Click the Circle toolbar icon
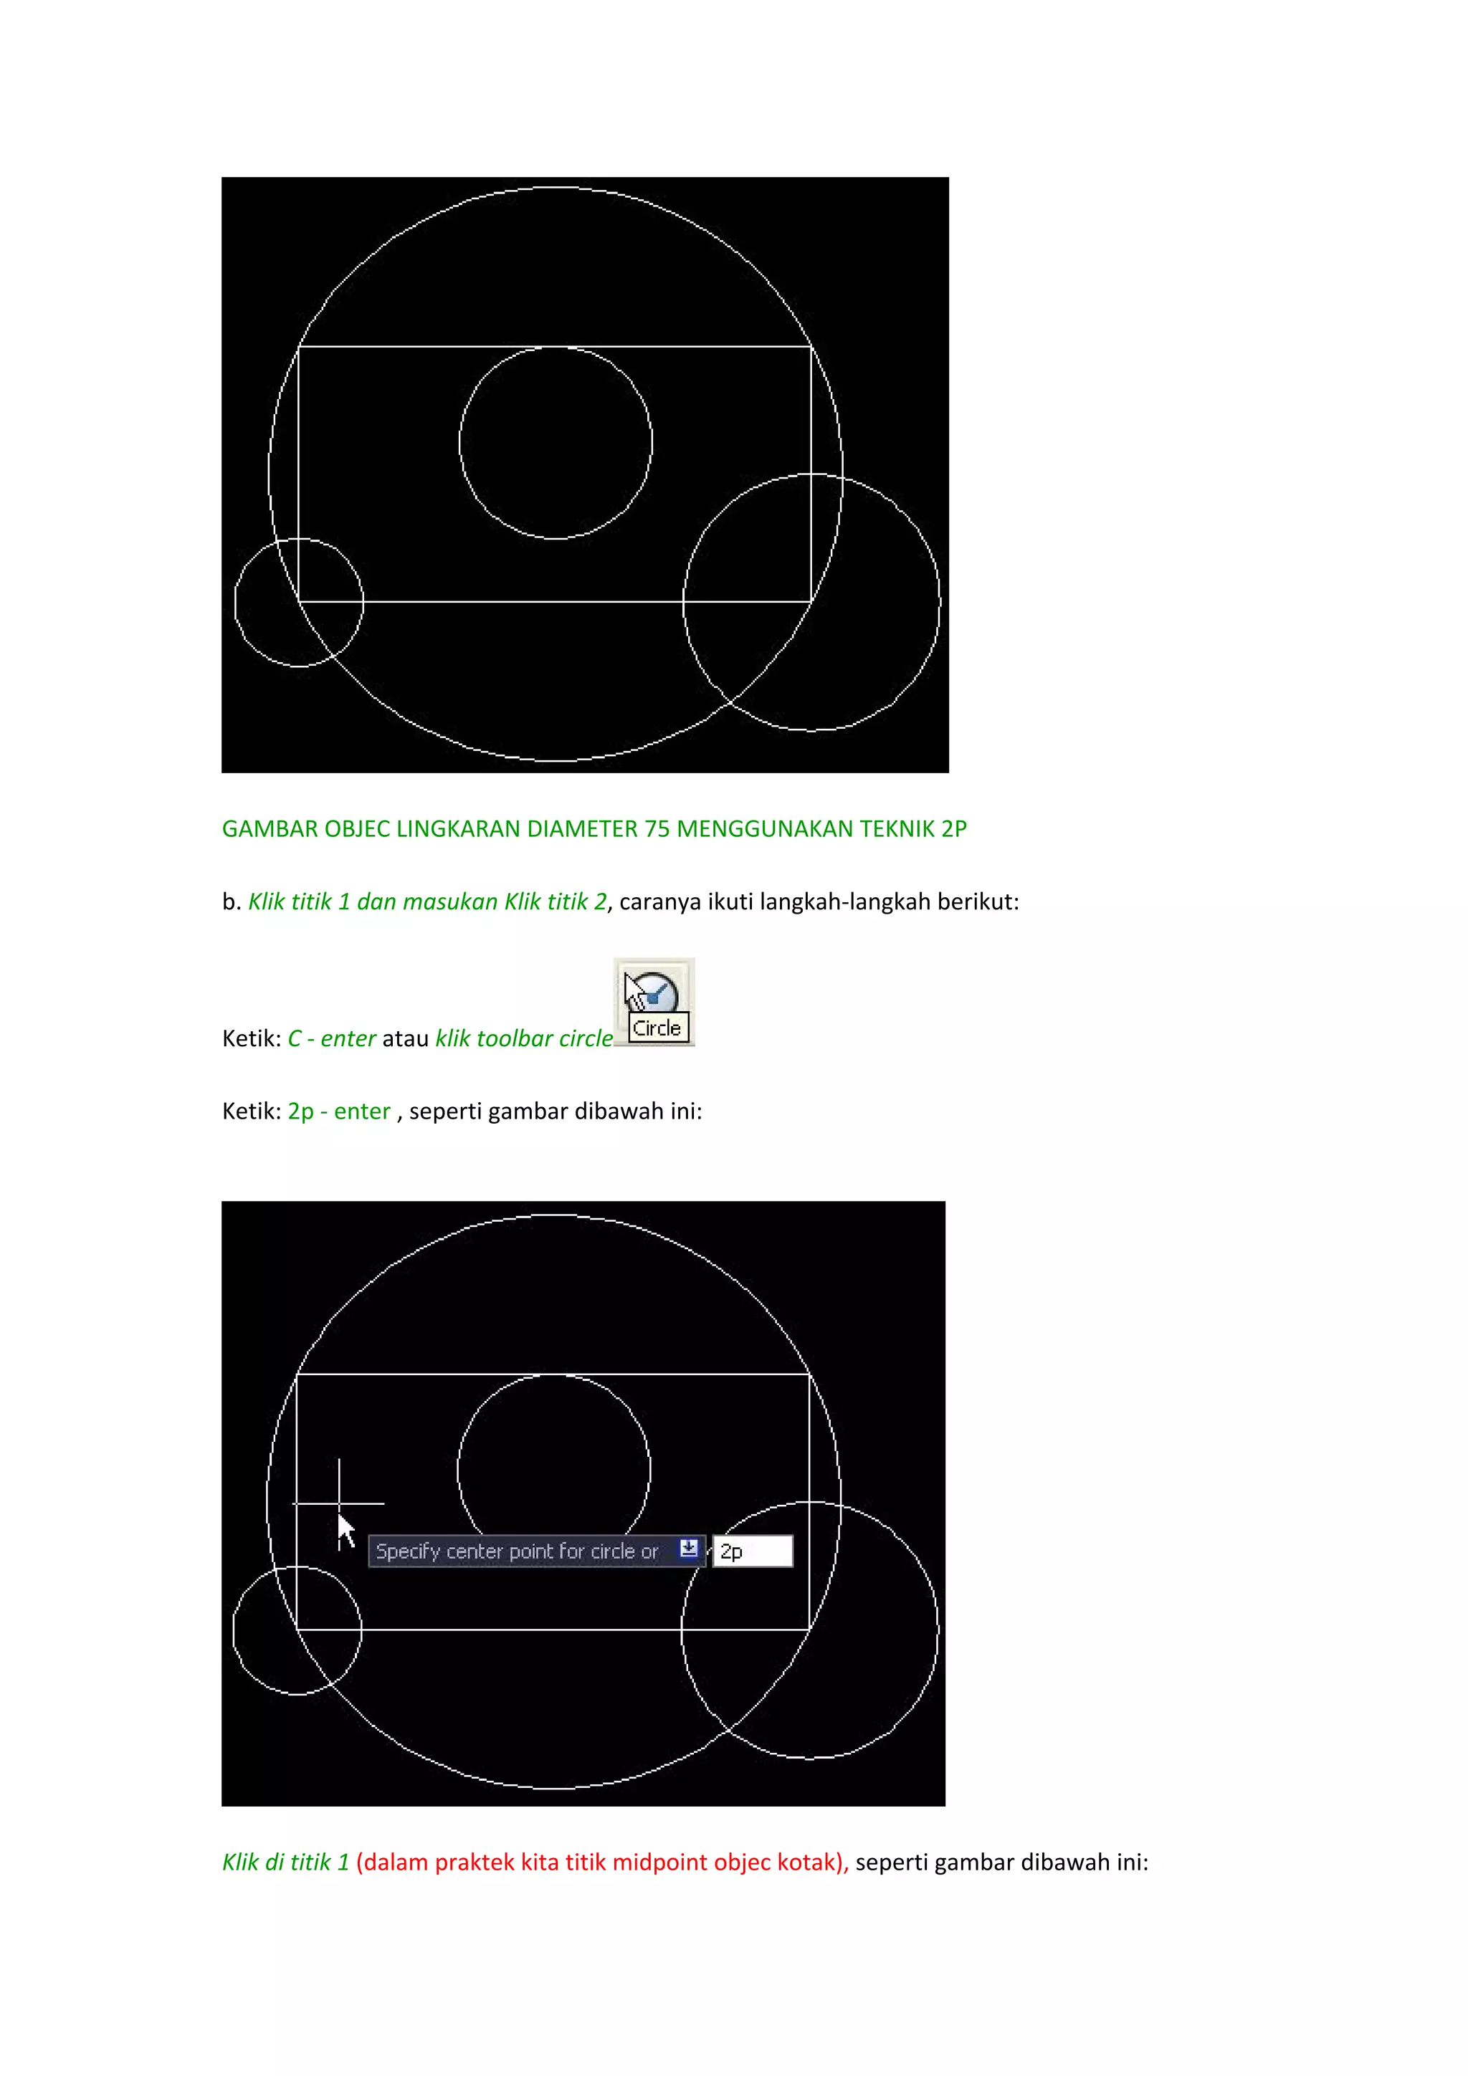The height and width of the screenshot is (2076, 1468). click(653, 1000)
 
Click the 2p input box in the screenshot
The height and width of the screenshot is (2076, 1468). click(753, 1551)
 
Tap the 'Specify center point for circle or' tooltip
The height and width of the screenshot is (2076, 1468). click(518, 1551)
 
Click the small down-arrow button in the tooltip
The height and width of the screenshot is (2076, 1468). click(688, 1549)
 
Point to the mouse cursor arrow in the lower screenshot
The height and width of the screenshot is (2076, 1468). click(345, 1530)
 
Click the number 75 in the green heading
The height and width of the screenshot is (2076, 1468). click(657, 829)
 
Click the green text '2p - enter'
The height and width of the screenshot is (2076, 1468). click(339, 1111)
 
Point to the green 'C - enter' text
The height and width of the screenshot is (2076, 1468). click(331, 1039)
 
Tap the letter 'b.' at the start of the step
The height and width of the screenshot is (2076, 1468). click(231, 902)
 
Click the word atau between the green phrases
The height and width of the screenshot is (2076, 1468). click(405, 1039)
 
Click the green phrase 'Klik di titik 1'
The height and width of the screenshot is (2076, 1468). click(285, 1862)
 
